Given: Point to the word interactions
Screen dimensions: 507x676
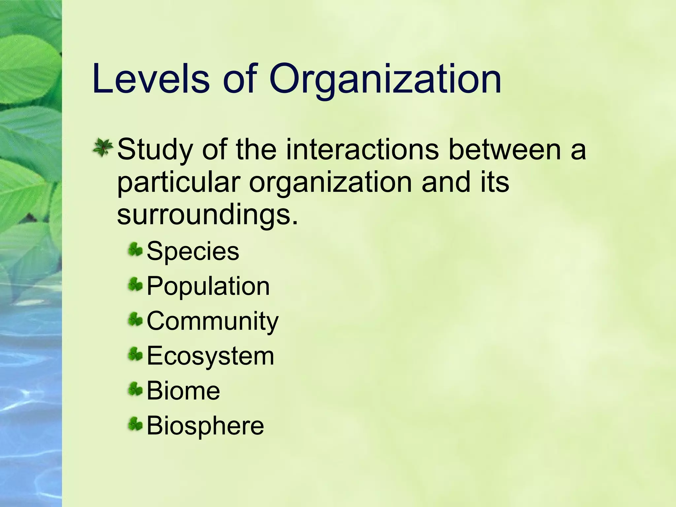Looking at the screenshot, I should point(362,149).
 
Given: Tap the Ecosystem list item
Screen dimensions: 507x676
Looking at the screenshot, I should point(210,356).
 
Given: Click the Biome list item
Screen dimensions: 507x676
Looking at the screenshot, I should point(183,391).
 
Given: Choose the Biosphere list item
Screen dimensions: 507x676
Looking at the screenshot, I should point(205,426).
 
